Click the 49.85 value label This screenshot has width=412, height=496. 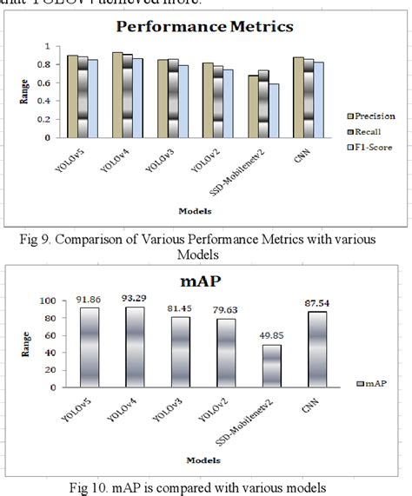click(254, 337)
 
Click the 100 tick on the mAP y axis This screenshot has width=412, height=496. click(48, 301)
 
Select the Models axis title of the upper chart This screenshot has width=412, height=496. click(196, 211)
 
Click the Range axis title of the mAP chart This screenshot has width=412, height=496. click(24, 343)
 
